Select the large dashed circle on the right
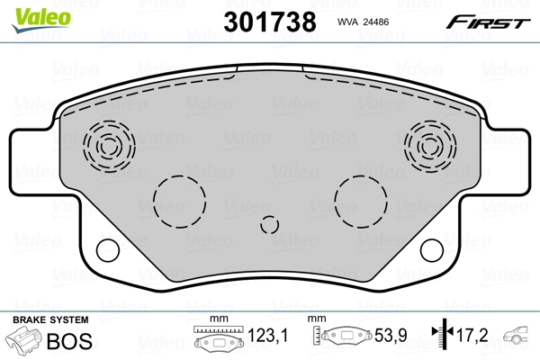point(360,200)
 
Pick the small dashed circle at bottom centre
point(269,227)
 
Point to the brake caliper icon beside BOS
point(24,342)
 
